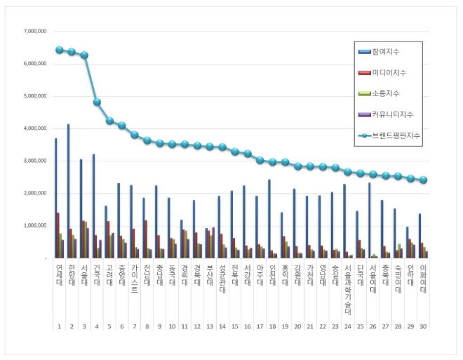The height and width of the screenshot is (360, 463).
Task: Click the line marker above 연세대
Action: tap(60, 51)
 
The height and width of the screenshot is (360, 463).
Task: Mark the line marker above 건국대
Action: tap(97, 102)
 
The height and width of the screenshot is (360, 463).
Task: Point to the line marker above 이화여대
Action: tap(423, 180)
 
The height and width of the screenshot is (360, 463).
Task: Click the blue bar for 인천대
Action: tap(269, 218)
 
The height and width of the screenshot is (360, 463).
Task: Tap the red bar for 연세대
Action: tap(58, 235)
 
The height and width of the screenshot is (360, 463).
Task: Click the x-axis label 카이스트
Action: tap(134, 276)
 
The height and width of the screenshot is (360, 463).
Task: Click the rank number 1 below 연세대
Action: tap(60, 327)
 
